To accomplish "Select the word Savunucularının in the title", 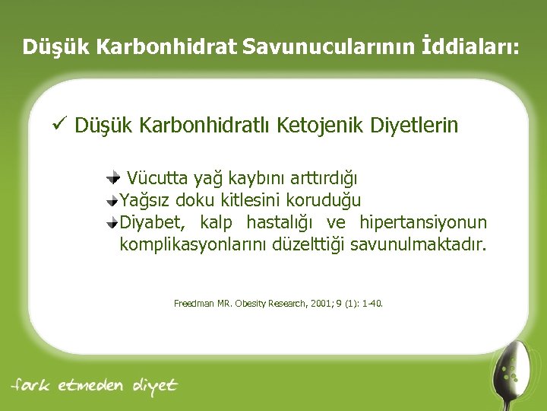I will click(331, 47).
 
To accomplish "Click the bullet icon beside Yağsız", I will click(113, 200).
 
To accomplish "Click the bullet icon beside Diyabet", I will click(113, 222).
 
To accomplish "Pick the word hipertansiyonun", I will click(423, 223).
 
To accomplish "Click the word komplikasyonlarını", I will click(193, 245).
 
